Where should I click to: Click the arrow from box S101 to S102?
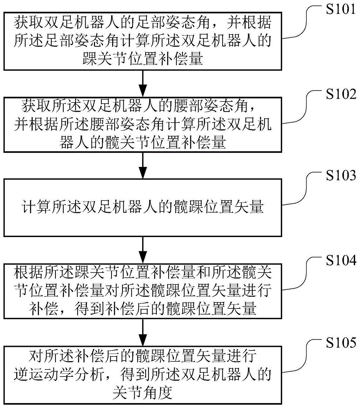[x=142, y=84]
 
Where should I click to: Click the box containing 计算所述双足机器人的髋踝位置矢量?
[x=142, y=208]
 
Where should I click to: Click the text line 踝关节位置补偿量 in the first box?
[x=142, y=60]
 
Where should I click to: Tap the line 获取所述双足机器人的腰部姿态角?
[x=142, y=107]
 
